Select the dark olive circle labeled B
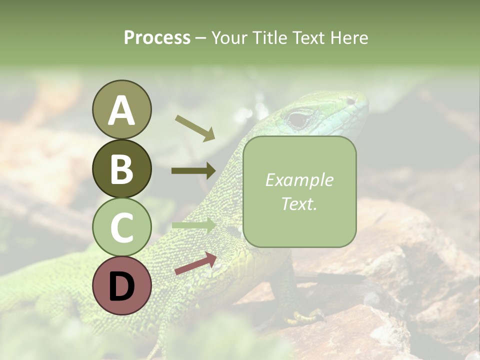tap(121, 168)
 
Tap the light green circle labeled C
tap(121, 227)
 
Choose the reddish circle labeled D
tap(121, 286)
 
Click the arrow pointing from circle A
tap(195, 128)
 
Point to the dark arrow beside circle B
tap(193, 171)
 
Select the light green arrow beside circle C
tap(193, 225)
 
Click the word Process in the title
tap(157, 37)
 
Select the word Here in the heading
tap(349, 37)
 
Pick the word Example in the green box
tap(299, 180)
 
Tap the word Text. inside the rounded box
tap(299, 203)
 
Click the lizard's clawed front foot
tap(305, 316)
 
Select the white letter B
tap(121, 169)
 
